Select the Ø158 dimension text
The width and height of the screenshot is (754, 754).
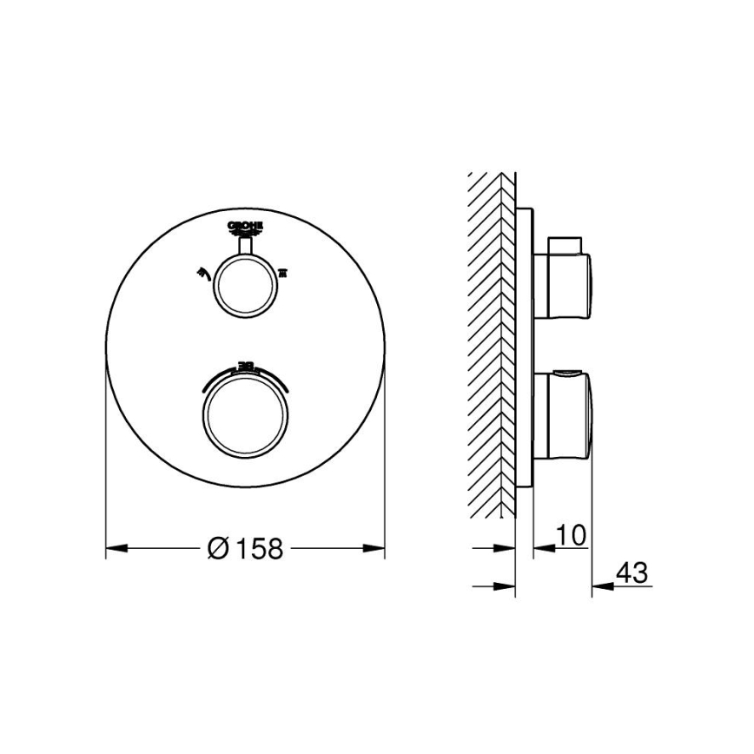246,548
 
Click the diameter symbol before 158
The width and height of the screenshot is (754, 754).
218,548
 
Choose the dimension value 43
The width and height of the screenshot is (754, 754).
631,573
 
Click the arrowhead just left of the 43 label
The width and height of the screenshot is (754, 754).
600,585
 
